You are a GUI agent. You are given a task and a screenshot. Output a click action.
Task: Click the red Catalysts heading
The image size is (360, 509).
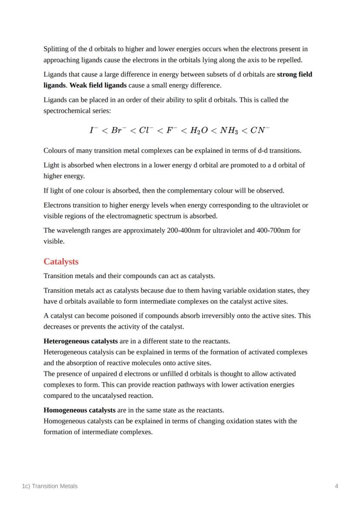[x=61, y=262]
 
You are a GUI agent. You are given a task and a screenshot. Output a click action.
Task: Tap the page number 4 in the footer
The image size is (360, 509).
[x=337, y=486]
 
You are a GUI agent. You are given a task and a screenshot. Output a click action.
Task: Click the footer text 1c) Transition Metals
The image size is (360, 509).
[x=50, y=486]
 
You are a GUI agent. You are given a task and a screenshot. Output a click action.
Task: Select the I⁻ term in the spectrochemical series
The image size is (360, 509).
[x=93, y=130]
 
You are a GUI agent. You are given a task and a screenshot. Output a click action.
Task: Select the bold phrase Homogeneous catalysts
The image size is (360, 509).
[x=80, y=410]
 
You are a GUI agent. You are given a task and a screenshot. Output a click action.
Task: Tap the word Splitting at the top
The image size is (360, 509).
[x=55, y=49]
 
